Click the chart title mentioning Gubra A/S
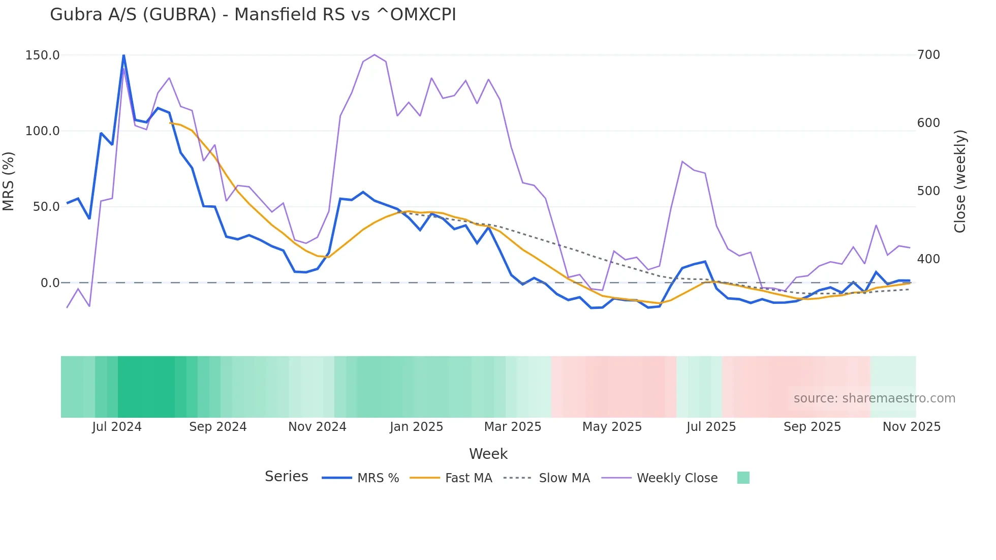click(253, 15)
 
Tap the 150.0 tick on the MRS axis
click(43, 55)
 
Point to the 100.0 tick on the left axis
click(43, 131)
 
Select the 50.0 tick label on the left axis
click(43, 207)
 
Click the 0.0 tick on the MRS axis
click(50, 283)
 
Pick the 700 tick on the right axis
click(928, 55)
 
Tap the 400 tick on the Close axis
click(928, 259)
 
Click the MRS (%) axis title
click(9, 181)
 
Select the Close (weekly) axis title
click(959, 181)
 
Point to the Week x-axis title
click(488, 454)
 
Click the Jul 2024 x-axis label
click(117, 427)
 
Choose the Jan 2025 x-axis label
click(416, 427)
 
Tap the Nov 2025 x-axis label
click(911, 427)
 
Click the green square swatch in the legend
click(743, 478)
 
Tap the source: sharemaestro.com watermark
click(874, 398)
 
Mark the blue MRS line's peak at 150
click(123, 55)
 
